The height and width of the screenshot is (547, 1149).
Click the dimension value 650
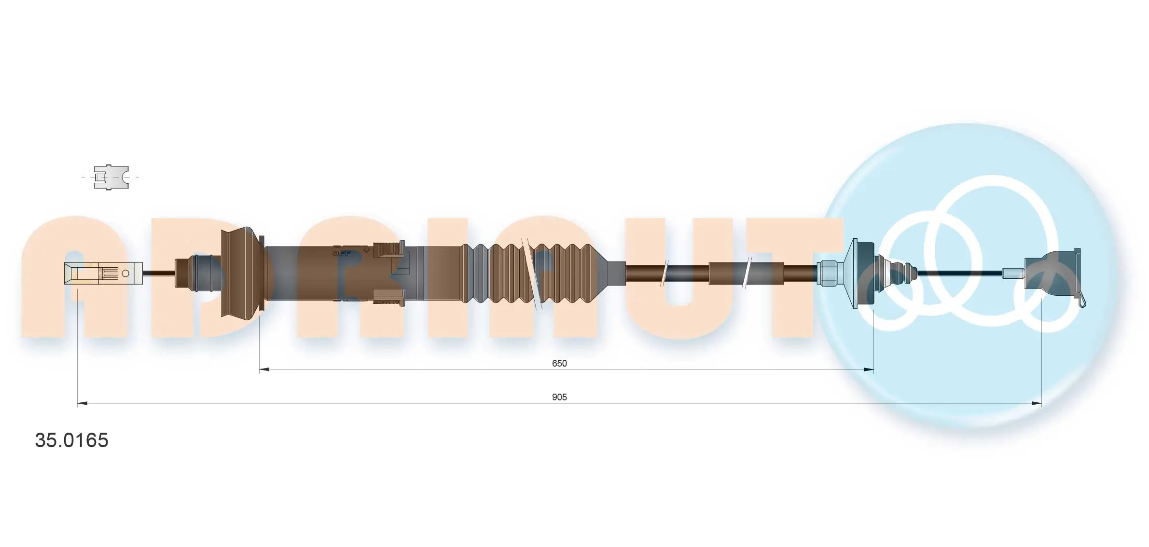[559, 363]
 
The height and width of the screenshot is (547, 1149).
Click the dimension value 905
[559, 397]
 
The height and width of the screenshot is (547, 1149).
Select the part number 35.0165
[71, 440]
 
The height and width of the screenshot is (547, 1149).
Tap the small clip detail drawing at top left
[111, 177]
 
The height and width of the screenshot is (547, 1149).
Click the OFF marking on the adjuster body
[342, 253]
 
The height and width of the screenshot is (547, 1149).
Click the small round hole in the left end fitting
[125, 273]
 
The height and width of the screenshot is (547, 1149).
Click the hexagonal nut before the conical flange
[829, 273]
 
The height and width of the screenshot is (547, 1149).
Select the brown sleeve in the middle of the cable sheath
[728, 273]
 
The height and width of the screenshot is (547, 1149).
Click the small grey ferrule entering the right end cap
[1012, 273]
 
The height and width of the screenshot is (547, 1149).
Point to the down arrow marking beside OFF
[367, 250]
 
